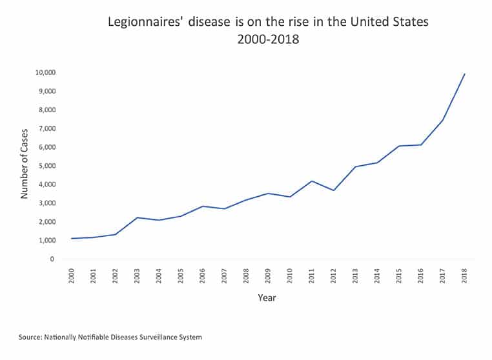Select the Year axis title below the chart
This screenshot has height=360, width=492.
[267, 299]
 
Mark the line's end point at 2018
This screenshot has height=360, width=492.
[464, 74]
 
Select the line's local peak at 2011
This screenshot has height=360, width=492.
[311, 181]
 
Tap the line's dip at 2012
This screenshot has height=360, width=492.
[333, 190]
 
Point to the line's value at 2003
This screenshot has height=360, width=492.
[137, 217]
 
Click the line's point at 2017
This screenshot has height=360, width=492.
[442, 120]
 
